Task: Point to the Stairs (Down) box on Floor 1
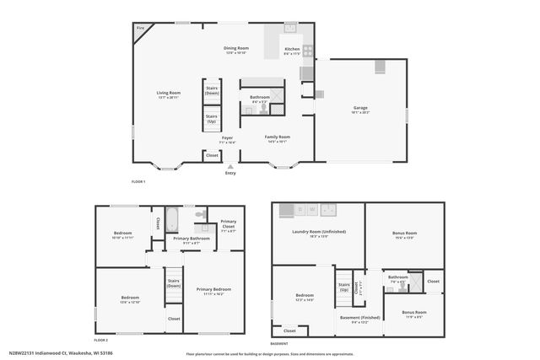[212, 90]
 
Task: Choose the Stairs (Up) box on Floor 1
[212, 118]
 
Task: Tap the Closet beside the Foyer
[212, 155]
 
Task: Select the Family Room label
[277, 138]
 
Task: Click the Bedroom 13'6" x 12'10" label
[129, 299]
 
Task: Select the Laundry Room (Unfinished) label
[310, 234]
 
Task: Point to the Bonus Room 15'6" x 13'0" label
[405, 234]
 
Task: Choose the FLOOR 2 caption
[101, 339]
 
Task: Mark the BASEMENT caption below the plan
[278, 343]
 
